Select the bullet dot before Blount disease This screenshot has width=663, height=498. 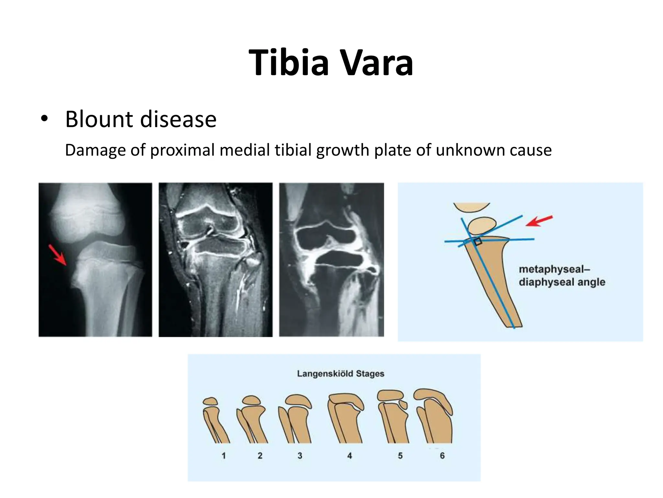tap(44, 119)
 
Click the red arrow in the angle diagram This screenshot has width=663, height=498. tap(539, 220)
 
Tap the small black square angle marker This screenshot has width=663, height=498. tap(478, 242)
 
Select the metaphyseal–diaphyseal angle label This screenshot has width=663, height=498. tap(562, 276)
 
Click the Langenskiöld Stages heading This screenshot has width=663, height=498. tap(341, 374)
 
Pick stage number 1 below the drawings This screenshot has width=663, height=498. tap(224, 456)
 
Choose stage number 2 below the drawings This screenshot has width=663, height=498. tap(260, 456)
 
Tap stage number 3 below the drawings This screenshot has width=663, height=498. tap(300, 456)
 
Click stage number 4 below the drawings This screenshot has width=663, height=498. tap(350, 456)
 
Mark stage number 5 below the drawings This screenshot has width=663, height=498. tap(400, 456)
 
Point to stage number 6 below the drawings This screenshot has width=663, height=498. tap(442, 456)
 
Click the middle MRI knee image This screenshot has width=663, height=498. tap(215, 259)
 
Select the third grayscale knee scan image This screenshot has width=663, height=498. tap(331, 259)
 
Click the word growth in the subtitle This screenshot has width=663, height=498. tap(338, 150)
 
